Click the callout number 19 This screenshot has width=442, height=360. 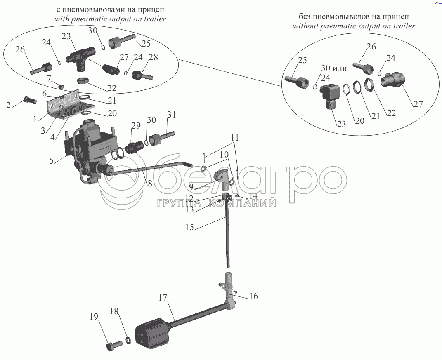pos(95,317)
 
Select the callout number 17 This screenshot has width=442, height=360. pos(163,297)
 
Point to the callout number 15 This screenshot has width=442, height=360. pos(190,227)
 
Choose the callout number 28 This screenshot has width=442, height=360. pos(153,58)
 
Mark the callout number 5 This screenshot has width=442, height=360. pos(52,161)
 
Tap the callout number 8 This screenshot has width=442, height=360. pos(150,184)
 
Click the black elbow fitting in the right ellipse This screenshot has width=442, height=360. pos(330,94)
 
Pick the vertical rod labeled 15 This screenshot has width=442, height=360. pos(227,235)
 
